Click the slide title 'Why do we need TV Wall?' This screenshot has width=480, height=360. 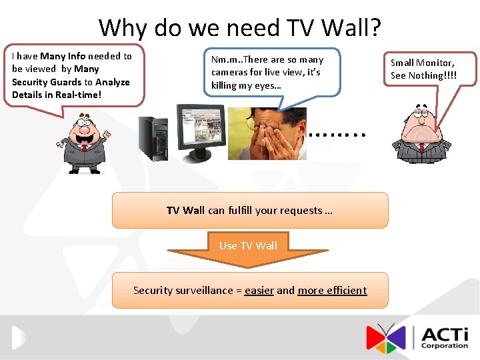tap(240, 28)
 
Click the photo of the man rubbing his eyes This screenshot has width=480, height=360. tap(267, 133)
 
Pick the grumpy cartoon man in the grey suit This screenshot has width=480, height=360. tap(419, 133)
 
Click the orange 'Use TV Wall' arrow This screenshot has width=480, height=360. tap(248, 248)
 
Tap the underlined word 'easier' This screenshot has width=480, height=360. tap(259, 290)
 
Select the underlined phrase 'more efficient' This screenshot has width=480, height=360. tap(332, 290)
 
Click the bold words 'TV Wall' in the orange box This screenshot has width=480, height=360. tap(185, 211)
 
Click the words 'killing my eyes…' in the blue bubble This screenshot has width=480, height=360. tap(245, 85)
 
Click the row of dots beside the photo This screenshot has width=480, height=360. tap(338, 134)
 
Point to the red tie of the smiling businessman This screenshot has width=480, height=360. tap(84, 145)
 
